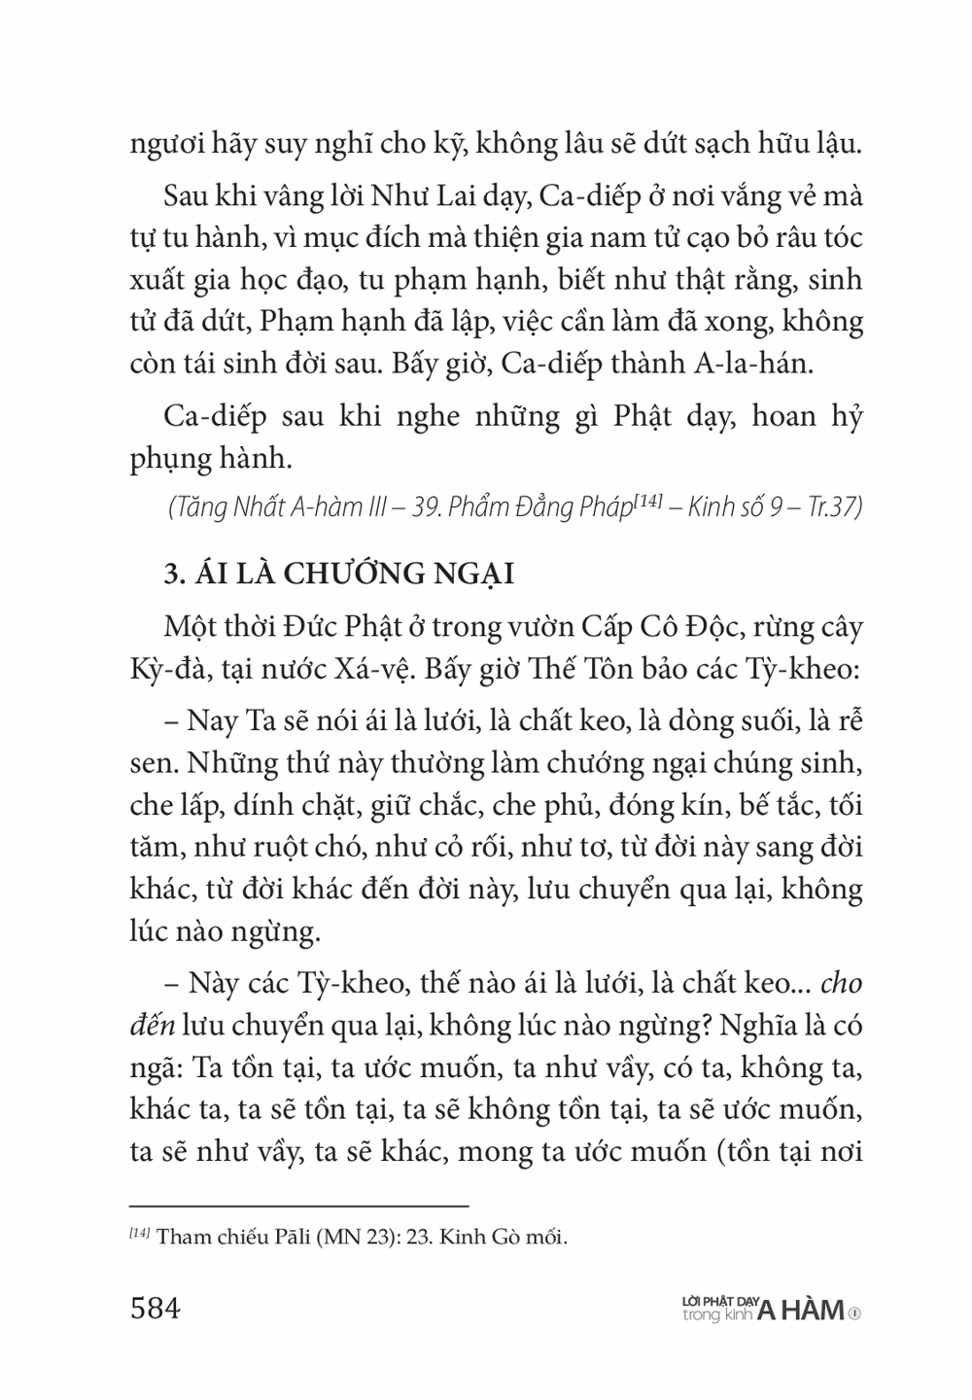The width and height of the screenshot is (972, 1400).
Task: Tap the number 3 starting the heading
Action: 166,574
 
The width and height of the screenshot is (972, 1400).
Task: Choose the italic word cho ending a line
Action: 842,984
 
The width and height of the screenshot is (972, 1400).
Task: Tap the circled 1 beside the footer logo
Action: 854,1312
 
